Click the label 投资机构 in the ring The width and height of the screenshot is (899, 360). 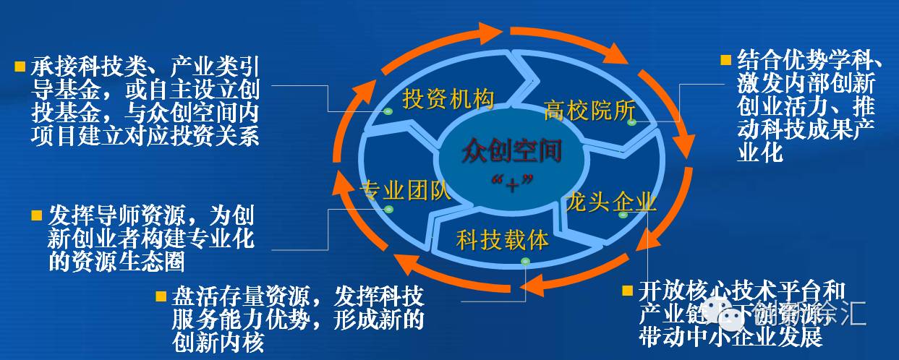pos(448,99)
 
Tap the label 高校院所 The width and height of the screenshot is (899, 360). pos(589,111)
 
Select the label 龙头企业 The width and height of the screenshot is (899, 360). pos(612,200)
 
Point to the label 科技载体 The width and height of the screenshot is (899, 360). pos(503,239)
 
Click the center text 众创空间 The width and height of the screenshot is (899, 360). pos(512,153)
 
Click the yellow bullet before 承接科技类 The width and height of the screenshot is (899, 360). pos(20,67)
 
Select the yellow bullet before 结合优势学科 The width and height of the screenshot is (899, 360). pos(725,59)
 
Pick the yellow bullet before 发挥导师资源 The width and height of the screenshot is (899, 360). pos(37,216)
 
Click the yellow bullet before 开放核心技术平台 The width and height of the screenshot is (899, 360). pos(626,291)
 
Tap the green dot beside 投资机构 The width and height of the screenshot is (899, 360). pos(388,111)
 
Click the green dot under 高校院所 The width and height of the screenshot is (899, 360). pos(631,122)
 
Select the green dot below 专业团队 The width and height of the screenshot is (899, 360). pos(388,210)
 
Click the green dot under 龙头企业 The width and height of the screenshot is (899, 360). pos(622,215)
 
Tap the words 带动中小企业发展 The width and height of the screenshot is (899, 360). pos(730,336)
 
